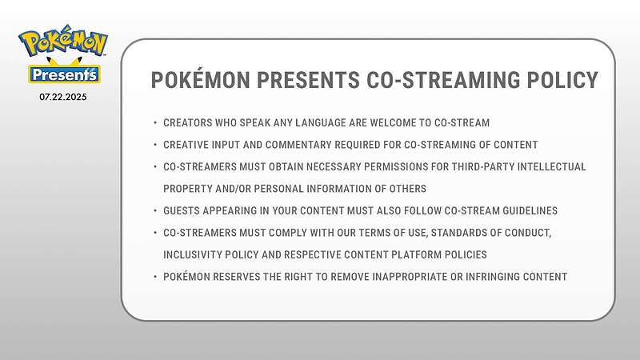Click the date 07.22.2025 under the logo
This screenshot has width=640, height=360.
pos(63,97)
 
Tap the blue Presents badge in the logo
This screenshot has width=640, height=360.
pos(64,74)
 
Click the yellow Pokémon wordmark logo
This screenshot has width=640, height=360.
pos(63,41)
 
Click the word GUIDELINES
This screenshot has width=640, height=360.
pos(530,211)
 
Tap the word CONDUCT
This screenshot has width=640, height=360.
pos(528,233)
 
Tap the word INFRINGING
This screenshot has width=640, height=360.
pos(493,277)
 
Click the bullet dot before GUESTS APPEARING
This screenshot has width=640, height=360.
pos(155,211)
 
